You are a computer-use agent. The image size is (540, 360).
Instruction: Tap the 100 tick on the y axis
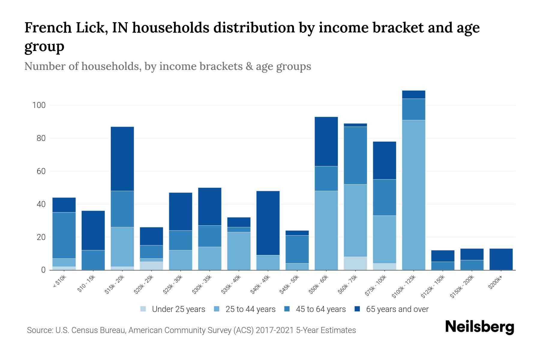click(39, 105)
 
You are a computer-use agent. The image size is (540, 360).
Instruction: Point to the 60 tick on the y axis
click(41, 171)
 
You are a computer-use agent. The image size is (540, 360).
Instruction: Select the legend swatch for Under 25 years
click(143, 309)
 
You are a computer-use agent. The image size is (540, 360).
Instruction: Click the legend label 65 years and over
click(397, 309)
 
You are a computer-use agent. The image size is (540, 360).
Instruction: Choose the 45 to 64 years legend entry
click(321, 309)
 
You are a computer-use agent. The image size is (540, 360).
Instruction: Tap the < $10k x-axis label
click(59, 282)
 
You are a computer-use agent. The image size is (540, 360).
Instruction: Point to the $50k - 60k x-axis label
click(319, 285)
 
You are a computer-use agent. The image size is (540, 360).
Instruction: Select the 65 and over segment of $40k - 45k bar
click(268, 223)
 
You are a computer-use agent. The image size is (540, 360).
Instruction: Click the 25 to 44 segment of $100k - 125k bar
click(414, 195)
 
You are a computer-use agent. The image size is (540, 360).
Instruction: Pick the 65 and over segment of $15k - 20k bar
click(122, 159)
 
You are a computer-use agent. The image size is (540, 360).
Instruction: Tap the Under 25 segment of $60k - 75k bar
click(355, 263)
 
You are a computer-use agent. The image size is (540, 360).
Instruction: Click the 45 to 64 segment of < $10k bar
click(64, 235)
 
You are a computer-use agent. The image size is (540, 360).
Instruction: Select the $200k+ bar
click(501, 259)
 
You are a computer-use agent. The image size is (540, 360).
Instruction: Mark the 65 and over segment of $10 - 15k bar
click(93, 230)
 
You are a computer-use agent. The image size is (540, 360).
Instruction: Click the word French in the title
click(42, 28)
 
